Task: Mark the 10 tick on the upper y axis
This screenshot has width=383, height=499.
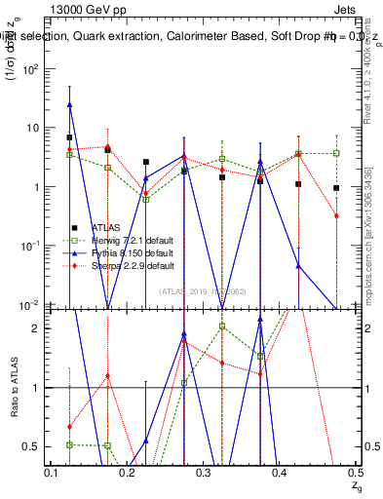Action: pos(32,128)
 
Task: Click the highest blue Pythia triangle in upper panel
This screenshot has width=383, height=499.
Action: pos(70,104)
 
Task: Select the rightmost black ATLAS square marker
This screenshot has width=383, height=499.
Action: pos(336,188)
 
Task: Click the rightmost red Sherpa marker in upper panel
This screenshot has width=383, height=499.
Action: pos(336,215)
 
